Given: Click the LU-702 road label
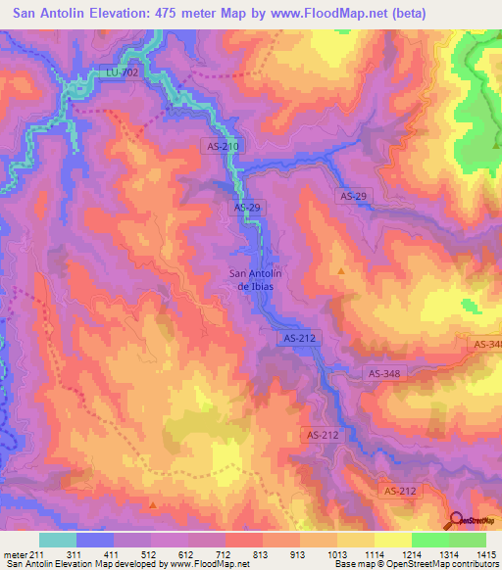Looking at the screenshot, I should tap(120, 71).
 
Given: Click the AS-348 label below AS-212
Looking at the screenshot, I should tap(386, 373).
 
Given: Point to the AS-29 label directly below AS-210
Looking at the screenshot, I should tap(248, 209).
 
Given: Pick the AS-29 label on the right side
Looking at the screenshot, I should tap(352, 197).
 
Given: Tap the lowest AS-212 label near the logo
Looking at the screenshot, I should tap(398, 491).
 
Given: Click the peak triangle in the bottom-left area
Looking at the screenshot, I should tap(153, 505).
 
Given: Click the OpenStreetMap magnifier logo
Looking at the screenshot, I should tap(457, 519).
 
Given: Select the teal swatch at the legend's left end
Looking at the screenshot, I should tap(57, 540).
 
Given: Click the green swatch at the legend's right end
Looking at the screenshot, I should tap(468, 540).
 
